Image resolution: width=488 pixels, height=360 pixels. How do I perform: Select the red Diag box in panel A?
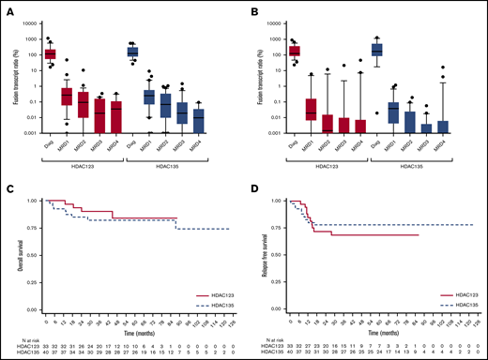click(51, 54)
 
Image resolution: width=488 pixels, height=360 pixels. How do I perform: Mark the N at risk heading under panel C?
click(16, 337)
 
